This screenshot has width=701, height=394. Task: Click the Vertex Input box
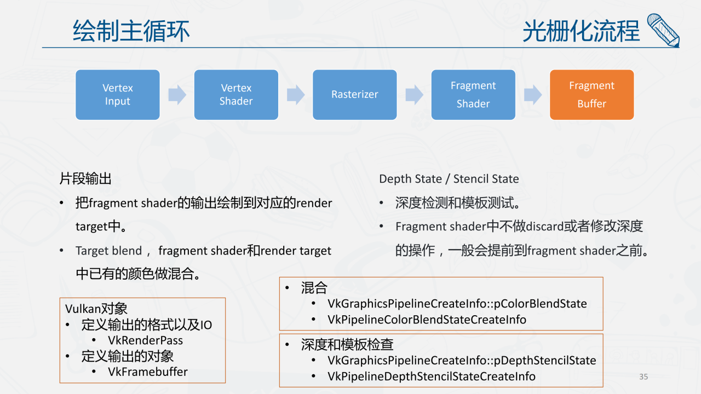(118, 95)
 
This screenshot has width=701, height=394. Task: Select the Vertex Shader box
(236, 95)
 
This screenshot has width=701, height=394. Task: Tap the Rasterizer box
(354, 95)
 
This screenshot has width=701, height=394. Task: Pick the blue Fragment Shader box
(473, 95)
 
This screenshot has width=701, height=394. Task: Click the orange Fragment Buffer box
(591, 95)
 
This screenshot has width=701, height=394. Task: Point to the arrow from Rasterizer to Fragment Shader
(414, 95)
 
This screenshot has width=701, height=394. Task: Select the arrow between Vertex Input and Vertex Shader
(177, 95)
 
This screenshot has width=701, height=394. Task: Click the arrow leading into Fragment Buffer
(532, 95)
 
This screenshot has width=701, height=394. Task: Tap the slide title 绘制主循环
(131, 31)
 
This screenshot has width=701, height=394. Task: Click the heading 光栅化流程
(581, 31)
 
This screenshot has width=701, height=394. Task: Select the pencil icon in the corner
(663, 30)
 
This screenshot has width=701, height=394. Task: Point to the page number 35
(643, 376)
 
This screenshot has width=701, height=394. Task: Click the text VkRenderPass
(145, 340)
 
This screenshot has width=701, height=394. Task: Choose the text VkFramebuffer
(148, 372)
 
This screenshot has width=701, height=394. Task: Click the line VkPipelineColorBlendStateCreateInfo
(427, 320)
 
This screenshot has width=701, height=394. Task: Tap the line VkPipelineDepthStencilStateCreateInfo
(431, 376)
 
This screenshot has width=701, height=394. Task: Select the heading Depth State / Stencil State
(449, 179)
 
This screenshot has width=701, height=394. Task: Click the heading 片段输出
(85, 179)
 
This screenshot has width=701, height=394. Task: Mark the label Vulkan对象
(96, 309)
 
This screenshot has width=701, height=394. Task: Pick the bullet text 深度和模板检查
(347, 345)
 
